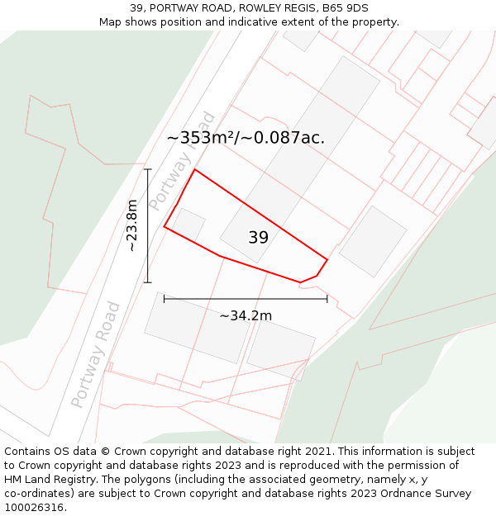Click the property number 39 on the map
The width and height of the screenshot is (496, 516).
coord(258,238)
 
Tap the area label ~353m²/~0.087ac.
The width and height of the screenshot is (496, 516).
coord(246,138)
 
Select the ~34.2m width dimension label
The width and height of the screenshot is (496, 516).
coord(246,315)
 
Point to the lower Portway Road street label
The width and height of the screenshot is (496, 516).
coord(96,354)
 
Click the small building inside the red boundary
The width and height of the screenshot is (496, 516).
coord(188,225)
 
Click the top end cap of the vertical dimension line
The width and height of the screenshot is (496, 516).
coord(148,169)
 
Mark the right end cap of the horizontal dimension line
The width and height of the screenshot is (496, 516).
coord(327,298)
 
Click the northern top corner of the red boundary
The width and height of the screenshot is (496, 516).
coord(194,170)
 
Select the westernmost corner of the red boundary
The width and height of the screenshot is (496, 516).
coord(165,226)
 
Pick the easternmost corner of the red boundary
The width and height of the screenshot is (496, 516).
coord(327,260)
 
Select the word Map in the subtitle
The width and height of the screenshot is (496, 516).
coord(112,22)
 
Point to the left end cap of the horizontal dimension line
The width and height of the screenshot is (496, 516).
coord(165,298)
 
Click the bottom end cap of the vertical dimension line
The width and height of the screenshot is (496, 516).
coord(148,282)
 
